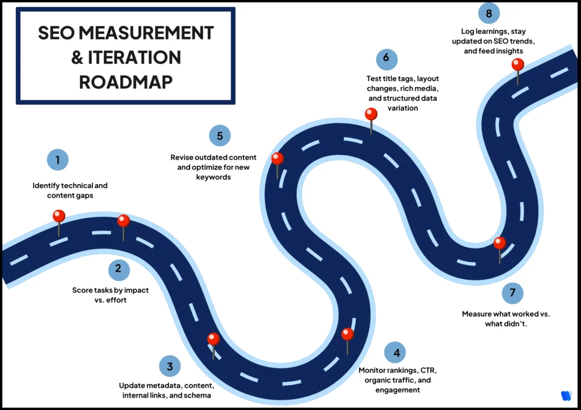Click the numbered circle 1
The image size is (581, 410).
pos(57,159)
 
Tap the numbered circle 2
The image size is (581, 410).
pos(119,268)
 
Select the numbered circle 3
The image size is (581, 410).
pos(170,366)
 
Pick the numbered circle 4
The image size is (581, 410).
pos(395,352)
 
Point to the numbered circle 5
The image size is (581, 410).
pos(220,136)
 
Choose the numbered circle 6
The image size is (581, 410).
pos(386,58)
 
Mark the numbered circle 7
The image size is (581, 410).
pos(512,293)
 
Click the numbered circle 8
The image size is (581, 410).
pos(489,12)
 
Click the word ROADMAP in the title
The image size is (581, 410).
pos(126,82)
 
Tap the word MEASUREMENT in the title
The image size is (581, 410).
pos(148,33)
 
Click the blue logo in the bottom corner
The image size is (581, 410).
pos(565,396)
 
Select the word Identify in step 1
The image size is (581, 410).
pos(45,185)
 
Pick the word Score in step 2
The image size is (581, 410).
pos(82,290)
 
